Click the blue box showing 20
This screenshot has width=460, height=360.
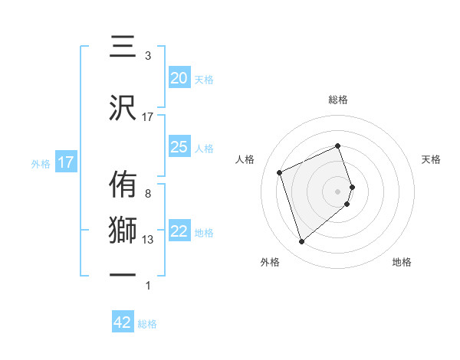point(179,78)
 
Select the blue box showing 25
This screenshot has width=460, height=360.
point(179,147)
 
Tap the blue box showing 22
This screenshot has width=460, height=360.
point(179,232)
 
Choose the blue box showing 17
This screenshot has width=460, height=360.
point(66,162)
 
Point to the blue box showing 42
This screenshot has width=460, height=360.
point(123,322)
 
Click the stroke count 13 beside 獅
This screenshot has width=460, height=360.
point(148,240)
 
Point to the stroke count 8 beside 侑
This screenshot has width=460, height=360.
point(148,194)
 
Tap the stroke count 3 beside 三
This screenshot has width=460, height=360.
point(148,56)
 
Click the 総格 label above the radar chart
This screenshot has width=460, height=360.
point(338,100)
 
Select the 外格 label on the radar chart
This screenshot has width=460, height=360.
point(270,262)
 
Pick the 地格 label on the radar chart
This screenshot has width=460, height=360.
point(402,262)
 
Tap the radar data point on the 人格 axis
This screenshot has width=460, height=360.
point(280,172)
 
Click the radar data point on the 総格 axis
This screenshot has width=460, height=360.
point(338,146)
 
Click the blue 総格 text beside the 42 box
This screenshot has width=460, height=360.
point(147,324)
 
